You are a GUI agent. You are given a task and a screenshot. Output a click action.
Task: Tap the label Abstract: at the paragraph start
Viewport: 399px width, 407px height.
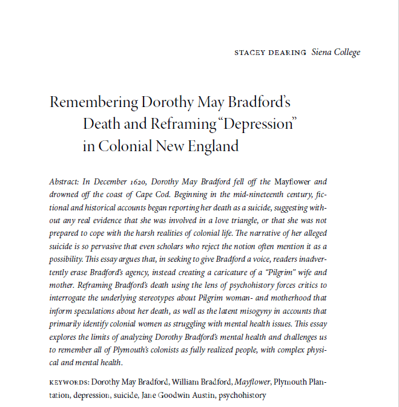click(x=65, y=181)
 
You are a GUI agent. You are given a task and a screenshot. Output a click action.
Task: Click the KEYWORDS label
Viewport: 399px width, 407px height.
click(x=68, y=382)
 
